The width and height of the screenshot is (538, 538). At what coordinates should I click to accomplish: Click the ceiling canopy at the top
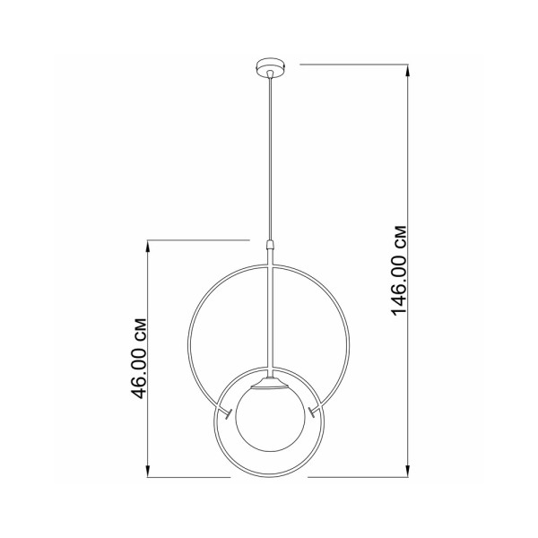point(271,65)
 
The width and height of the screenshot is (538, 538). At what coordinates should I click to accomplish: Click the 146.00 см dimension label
point(399,271)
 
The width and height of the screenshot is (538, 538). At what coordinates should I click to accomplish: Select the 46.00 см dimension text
point(139,359)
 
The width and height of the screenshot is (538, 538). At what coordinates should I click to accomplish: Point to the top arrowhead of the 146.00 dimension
point(408,70)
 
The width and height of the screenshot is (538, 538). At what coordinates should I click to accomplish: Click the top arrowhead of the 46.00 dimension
point(148,247)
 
